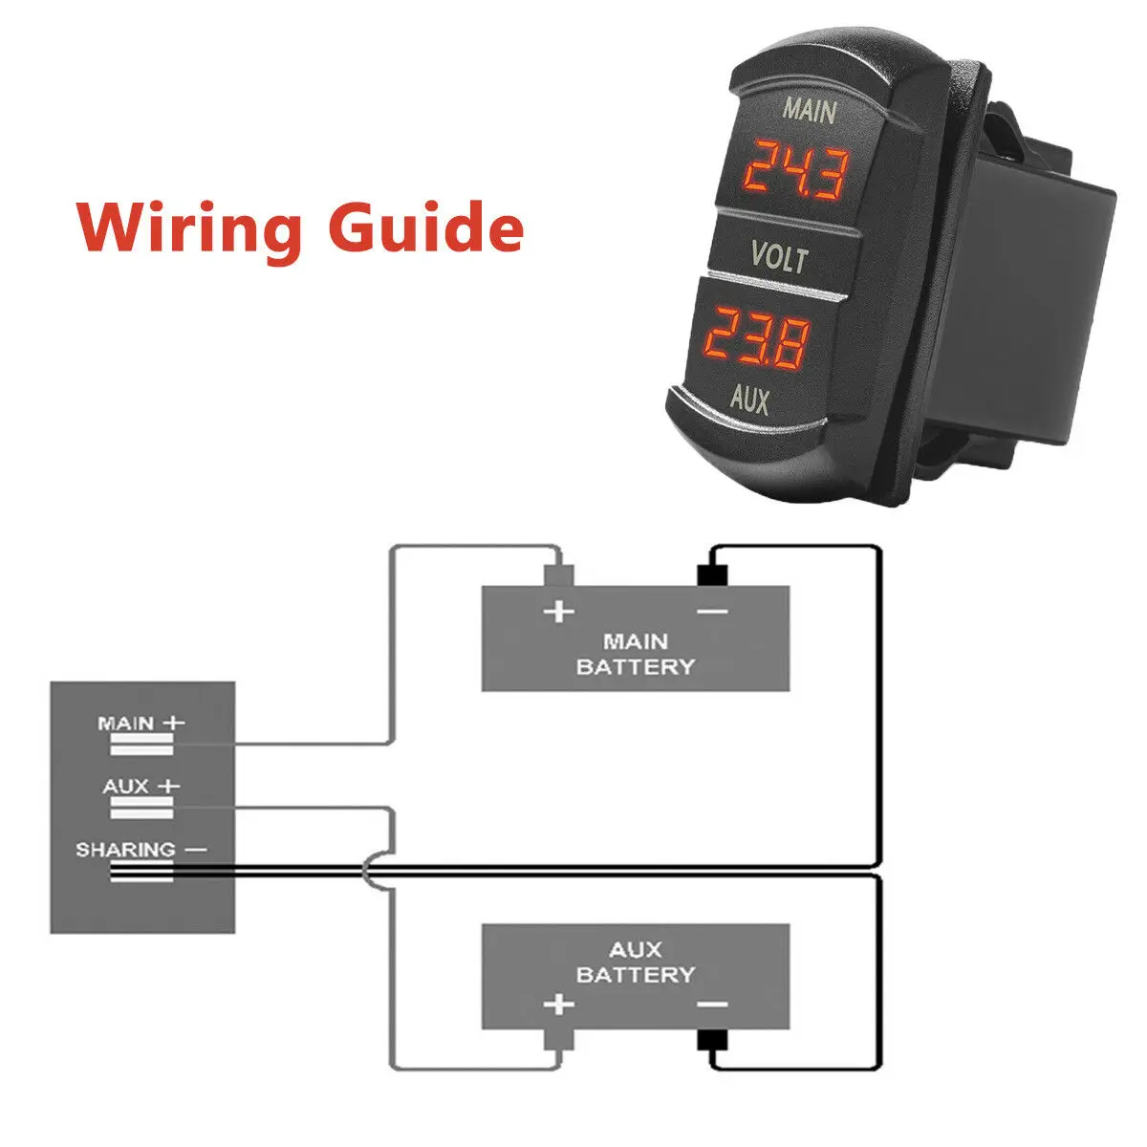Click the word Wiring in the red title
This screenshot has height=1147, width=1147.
click(188, 229)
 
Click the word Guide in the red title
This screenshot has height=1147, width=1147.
click(426, 227)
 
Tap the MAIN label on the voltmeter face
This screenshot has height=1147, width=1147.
click(811, 110)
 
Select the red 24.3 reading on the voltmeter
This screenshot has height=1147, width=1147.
click(796, 169)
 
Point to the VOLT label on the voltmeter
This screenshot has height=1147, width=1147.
click(780, 256)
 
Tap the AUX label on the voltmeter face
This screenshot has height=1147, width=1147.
click(749, 399)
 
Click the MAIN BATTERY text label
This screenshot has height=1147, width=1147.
click(635, 654)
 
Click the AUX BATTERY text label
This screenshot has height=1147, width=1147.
click(635, 962)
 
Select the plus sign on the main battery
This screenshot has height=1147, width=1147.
click(559, 612)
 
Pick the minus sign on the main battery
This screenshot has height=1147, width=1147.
click(712, 612)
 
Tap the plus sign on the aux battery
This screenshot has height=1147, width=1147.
click(559, 1005)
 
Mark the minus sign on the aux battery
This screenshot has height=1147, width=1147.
click(712, 1005)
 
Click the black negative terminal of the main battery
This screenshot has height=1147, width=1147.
click(712, 575)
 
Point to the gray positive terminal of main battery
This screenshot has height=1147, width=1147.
click(559, 575)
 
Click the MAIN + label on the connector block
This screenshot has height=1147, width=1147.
click(141, 724)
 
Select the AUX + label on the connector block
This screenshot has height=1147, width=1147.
click(141, 787)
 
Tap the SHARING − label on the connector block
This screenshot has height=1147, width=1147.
click(141, 850)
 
